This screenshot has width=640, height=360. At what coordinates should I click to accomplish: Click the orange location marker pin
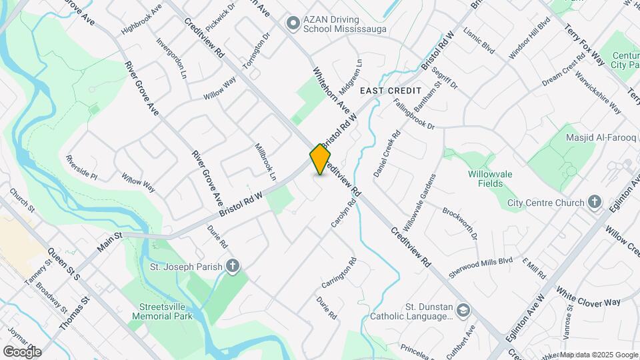click(321, 159)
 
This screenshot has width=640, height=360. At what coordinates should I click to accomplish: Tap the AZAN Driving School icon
click(292, 24)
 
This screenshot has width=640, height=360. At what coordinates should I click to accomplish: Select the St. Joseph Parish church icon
click(233, 267)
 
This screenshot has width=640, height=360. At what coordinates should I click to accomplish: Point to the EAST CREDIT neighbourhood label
click(391, 90)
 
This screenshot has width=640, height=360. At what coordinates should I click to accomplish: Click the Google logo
click(22, 351)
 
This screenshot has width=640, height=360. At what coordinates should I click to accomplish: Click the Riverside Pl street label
click(81, 168)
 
